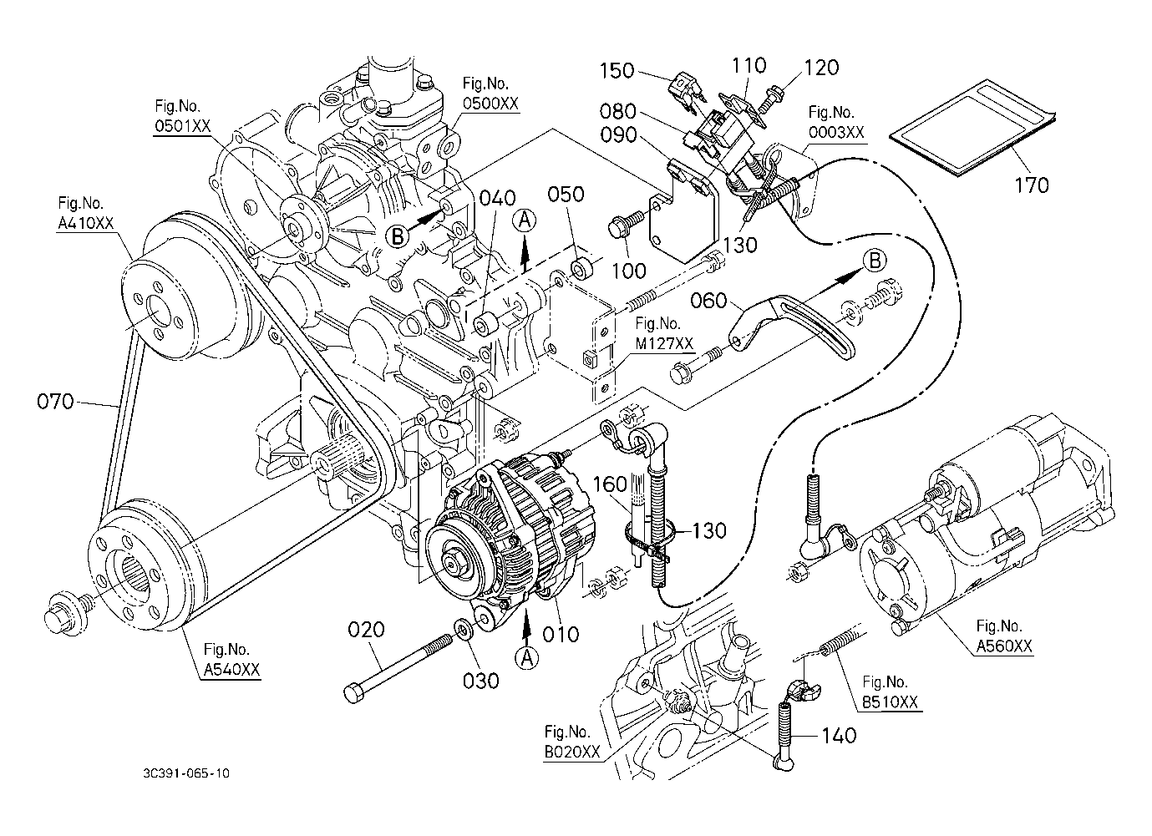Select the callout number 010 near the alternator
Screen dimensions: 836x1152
point(560,634)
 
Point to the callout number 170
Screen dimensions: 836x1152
point(1032,185)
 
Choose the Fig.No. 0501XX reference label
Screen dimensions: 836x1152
point(182,116)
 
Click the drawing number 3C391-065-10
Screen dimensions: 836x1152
point(186,773)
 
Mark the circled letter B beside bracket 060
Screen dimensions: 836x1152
point(874,261)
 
